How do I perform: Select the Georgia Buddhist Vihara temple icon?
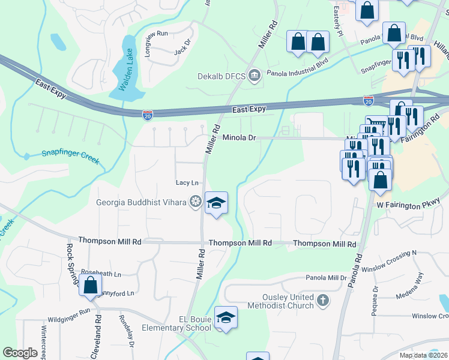(194, 202)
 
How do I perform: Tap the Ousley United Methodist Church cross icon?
(323, 301)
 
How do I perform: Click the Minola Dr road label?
(240, 137)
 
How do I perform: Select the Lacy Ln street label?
(187, 182)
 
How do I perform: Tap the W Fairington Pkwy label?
(413, 203)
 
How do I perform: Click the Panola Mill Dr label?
(327, 278)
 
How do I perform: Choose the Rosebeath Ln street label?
(101, 274)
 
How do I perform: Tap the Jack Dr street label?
(181, 48)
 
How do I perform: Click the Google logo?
(20, 353)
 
